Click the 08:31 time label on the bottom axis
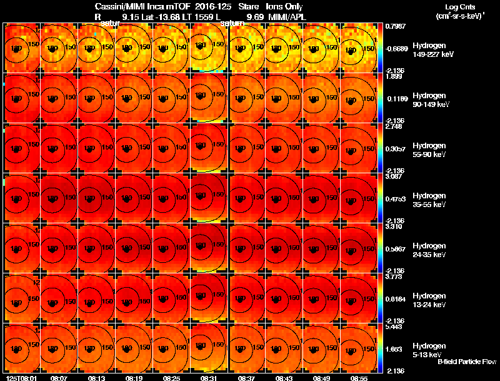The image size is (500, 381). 209,378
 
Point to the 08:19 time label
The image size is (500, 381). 134,378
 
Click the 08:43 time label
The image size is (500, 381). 284,378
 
